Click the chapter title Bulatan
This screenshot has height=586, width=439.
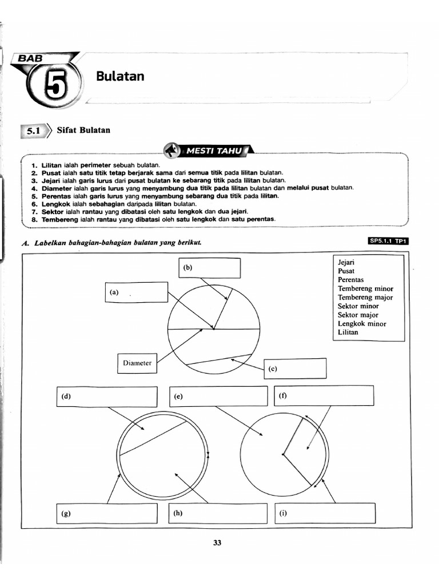click(120, 76)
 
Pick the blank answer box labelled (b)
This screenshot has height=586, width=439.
click(209, 267)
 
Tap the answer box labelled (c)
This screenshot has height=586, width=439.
click(295, 369)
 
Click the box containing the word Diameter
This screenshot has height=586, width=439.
click(137, 363)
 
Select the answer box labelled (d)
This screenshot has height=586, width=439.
click(106, 396)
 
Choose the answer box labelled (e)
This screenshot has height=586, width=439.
click(218, 396)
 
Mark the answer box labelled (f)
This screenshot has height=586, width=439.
click(325, 395)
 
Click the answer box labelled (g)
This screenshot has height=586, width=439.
click(106, 513)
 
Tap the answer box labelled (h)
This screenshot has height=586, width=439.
click(218, 513)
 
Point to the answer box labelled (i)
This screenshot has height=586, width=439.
click(325, 513)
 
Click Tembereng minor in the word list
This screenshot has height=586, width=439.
click(365, 289)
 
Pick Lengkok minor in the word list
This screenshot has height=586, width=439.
click(362, 323)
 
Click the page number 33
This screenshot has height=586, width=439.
click(217, 543)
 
